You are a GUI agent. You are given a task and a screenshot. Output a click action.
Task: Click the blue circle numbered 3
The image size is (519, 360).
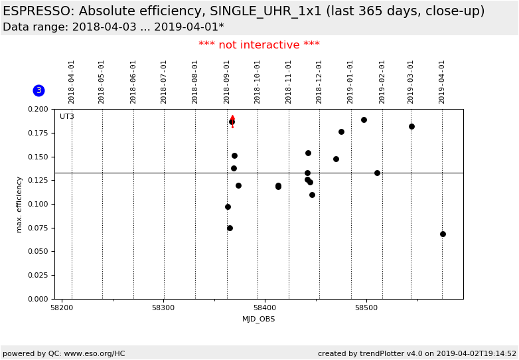tap(38, 90)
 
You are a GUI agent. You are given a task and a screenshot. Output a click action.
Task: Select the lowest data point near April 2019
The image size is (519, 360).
tap(443, 234)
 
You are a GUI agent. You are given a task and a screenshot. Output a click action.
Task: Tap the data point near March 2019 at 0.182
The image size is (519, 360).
tap(411, 126)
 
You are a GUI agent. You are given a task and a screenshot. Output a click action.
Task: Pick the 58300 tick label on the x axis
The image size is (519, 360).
tap(163, 308)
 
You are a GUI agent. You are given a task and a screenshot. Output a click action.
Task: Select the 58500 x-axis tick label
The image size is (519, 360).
tap(366, 308)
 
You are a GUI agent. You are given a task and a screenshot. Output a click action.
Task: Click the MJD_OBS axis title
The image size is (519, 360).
tap(258, 319)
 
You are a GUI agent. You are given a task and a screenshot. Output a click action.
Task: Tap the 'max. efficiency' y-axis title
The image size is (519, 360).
tap(19, 204)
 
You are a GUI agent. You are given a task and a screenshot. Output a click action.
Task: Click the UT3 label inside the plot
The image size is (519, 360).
tap(67, 117)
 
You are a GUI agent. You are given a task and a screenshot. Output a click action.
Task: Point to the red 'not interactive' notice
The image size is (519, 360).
tap(259, 45)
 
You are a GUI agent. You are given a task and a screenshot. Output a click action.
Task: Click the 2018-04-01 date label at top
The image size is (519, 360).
tap(72, 81)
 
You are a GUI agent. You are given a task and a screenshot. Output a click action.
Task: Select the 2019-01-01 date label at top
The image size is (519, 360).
tap(350, 81)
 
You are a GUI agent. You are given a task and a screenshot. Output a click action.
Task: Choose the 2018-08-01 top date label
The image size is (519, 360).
tap(195, 81)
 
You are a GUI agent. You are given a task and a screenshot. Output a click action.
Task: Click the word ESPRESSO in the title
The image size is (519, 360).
tap(37, 11)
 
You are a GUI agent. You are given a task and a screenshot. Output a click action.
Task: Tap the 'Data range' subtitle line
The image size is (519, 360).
tap(113, 27)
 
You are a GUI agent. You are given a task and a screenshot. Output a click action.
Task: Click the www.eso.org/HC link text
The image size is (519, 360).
tap(94, 354)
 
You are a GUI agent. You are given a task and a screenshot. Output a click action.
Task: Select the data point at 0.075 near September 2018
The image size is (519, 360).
tap(230, 228)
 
